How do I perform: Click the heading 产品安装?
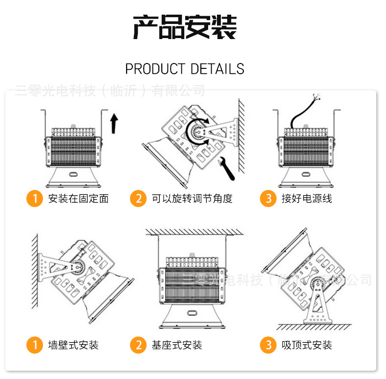(x=185, y=27)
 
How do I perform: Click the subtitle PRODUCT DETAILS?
(x=185, y=69)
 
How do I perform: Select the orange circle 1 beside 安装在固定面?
(x=35, y=199)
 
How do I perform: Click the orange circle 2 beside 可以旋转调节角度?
(x=138, y=199)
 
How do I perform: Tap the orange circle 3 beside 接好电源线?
(x=268, y=199)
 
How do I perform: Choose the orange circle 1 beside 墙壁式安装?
(x=35, y=345)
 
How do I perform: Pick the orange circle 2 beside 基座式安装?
(x=138, y=345)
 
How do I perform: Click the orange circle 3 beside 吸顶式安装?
(x=268, y=345)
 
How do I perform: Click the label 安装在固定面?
(x=78, y=199)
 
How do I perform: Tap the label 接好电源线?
(x=307, y=199)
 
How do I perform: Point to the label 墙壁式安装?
(x=73, y=345)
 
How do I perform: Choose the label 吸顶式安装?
(x=307, y=345)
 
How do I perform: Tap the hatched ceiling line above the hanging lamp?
(x=194, y=231)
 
